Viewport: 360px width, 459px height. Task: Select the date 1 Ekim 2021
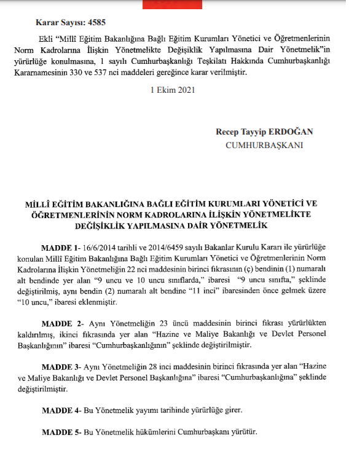(173, 90)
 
